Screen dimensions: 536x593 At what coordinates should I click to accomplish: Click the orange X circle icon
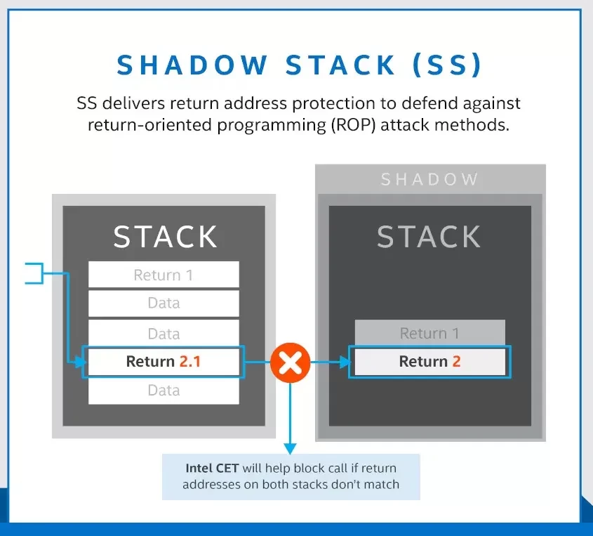coord(290,363)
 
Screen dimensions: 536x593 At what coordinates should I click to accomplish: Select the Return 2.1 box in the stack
coord(164,362)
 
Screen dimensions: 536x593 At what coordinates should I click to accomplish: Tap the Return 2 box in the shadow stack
coord(429,362)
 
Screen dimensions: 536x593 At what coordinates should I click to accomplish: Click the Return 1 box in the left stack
coord(164,275)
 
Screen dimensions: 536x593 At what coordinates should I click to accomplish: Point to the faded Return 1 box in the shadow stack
coord(429,333)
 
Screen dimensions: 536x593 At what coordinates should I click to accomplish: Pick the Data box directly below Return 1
coord(164,303)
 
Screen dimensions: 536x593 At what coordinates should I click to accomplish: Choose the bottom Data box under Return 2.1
coord(164,391)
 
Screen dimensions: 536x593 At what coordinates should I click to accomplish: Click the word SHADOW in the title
coord(192,65)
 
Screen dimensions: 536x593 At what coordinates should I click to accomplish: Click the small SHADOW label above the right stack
coord(429,180)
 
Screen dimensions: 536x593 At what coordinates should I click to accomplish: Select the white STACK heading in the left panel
coord(165,237)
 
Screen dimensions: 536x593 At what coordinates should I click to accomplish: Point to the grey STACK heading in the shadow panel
coord(429,237)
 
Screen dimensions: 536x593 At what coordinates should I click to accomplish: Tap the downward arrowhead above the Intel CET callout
coord(290,447)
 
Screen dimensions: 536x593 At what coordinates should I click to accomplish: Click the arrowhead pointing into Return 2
coord(344,362)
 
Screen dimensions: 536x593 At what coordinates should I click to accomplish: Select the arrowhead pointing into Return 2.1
coord(79,362)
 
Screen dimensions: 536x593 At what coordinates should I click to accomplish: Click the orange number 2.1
coord(189,362)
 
